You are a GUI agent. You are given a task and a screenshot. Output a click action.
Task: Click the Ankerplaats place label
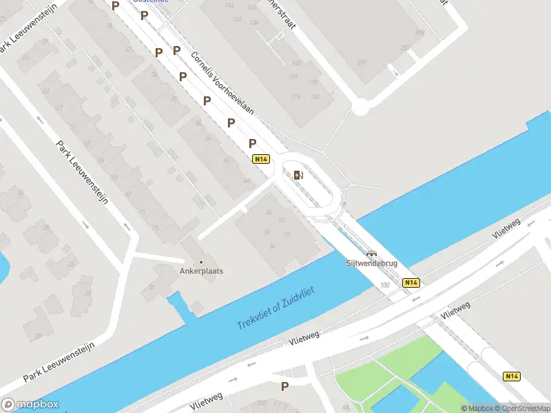(202, 271)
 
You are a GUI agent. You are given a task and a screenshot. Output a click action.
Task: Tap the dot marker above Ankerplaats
(201, 262)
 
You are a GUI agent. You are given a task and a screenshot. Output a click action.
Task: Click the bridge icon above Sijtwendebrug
(372, 253)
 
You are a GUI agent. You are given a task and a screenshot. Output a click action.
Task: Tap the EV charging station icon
(298, 175)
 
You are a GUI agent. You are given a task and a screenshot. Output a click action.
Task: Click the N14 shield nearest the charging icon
(260, 159)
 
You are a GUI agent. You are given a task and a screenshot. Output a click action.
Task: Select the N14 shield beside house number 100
(411, 282)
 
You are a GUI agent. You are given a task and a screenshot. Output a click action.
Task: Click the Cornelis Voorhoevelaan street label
(222, 83)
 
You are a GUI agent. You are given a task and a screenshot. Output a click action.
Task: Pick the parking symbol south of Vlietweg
(284, 387)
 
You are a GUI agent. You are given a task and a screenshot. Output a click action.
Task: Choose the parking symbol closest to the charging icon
(253, 144)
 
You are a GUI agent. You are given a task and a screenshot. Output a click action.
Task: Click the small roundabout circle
(360, 107)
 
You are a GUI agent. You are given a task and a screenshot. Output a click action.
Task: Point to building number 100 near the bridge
(384, 284)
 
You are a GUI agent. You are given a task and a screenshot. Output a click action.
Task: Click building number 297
(362, 63)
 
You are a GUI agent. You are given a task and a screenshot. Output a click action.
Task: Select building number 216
(297, 96)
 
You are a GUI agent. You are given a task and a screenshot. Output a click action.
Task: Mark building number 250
(404, 48)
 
